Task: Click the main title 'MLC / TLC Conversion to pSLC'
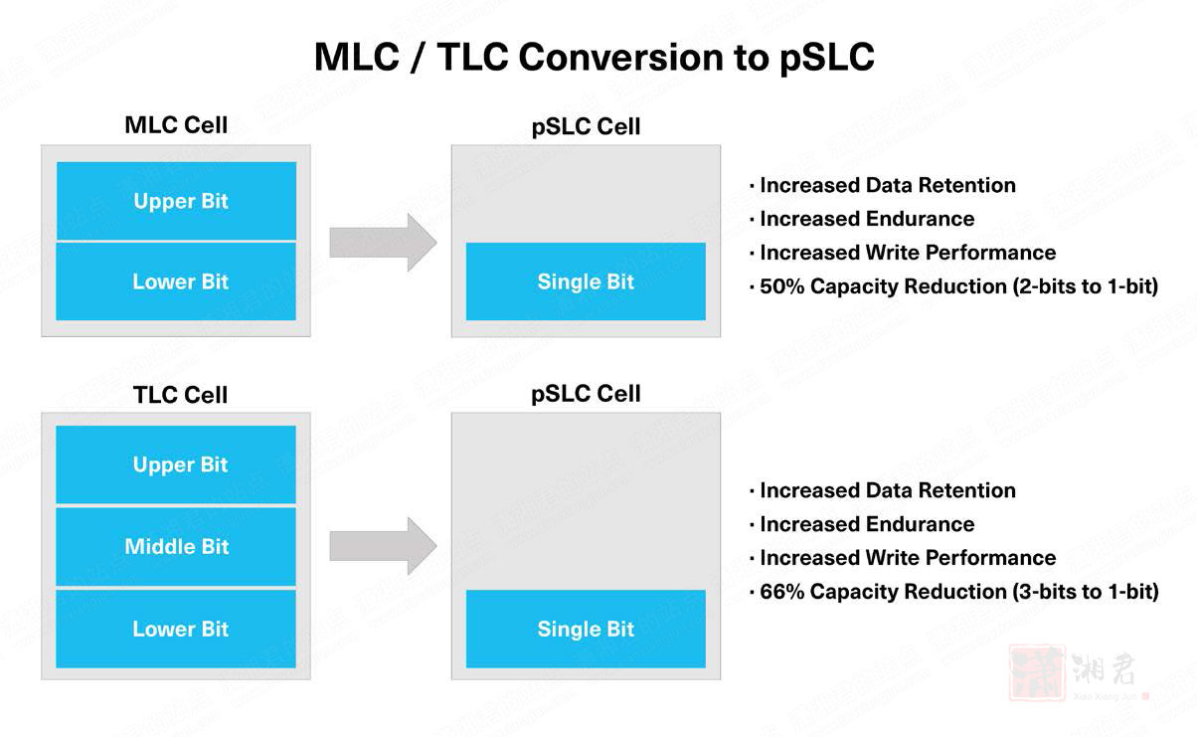pos(594,57)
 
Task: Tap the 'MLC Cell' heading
pos(176,125)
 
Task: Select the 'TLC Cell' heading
pos(180,395)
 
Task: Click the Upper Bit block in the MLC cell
pos(176,201)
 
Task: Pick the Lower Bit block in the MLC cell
pos(176,281)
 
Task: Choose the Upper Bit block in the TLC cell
pos(176,464)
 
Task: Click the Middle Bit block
pos(176,546)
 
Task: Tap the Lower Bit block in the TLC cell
pos(176,629)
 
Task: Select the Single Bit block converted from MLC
pos(586,281)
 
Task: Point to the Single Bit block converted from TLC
pos(586,629)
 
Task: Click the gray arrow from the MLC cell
pos(383,242)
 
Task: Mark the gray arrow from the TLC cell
pos(383,546)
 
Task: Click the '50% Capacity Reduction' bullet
pos(954,286)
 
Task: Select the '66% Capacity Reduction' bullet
pos(954,592)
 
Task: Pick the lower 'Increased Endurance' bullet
pos(862,524)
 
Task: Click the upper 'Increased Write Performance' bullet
pos(903,253)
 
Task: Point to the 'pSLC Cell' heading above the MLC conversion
pos(586,126)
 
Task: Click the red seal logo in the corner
pos(1037,673)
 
